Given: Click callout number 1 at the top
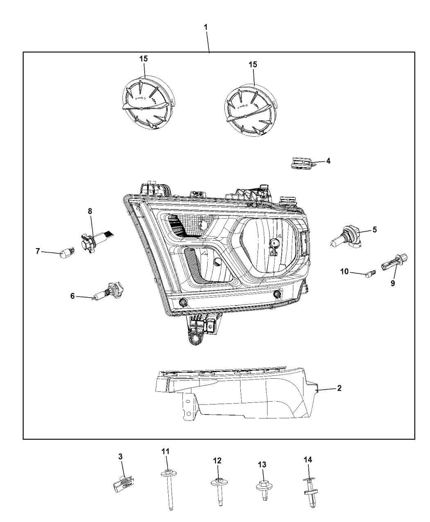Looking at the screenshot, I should (206, 27).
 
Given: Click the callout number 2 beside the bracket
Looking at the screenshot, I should (339, 388).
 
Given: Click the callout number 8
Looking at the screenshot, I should (90, 211).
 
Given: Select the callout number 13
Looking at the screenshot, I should (262, 464).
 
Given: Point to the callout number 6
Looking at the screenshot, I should (72, 296).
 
